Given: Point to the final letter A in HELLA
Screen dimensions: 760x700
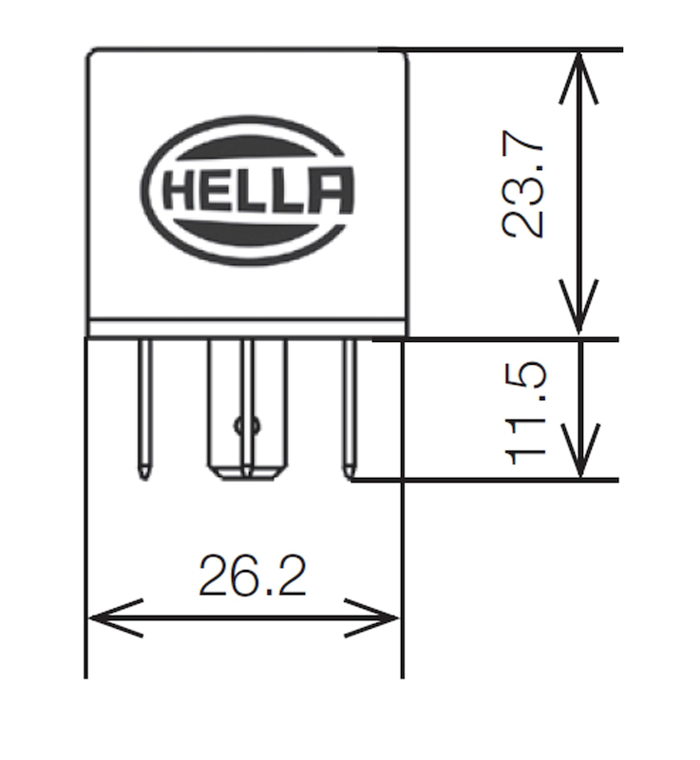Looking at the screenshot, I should (x=331, y=192).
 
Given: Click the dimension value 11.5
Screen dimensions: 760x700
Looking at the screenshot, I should (x=525, y=410).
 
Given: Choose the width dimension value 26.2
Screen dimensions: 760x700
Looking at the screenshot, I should (x=252, y=576).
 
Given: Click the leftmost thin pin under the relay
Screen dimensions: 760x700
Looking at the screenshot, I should (x=144, y=404).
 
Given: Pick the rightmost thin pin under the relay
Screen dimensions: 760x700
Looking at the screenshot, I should (x=349, y=404).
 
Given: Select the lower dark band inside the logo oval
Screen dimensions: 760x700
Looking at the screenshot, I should (x=249, y=234).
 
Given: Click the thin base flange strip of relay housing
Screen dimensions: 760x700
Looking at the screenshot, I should (x=247, y=328).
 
